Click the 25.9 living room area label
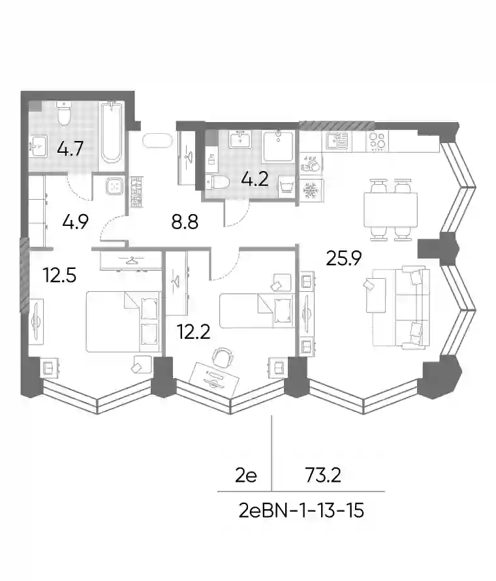tap(343, 259)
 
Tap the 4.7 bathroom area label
tap(70, 149)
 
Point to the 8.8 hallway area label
tap(185, 223)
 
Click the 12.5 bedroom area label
tap(59, 275)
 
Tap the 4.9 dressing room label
tap(75, 223)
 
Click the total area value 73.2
tap(323, 475)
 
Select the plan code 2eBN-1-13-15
tap(301, 511)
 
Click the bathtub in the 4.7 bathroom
tap(112, 133)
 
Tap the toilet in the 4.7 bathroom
tap(63, 114)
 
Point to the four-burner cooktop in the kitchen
tap(377, 141)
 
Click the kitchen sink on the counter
tap(337, 140)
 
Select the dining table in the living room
tap(390, 210)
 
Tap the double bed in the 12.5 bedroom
tap(123, 321)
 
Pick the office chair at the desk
tap(223, 356)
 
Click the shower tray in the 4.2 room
tap(279, 146)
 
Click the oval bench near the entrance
tap(157, 141)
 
